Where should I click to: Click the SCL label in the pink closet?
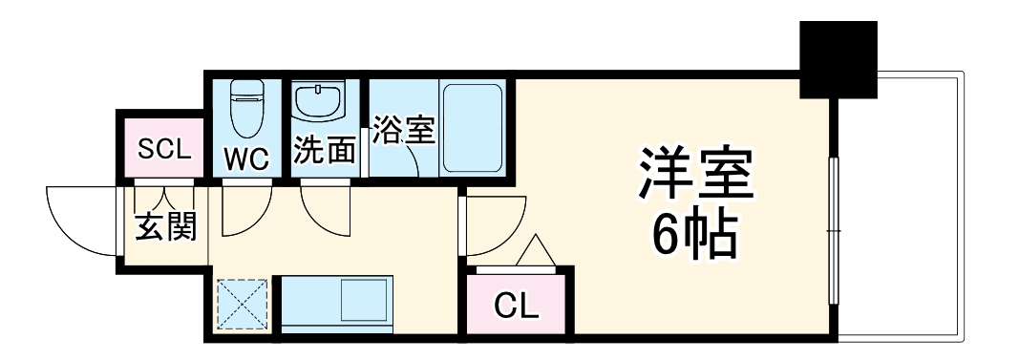[165, 149]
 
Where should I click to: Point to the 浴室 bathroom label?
[403, 129]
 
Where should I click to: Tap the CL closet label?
[517, 307]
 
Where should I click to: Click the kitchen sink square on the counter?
[364, 302]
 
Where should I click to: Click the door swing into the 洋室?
[491, 227]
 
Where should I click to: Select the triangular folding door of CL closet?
[534, 250]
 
